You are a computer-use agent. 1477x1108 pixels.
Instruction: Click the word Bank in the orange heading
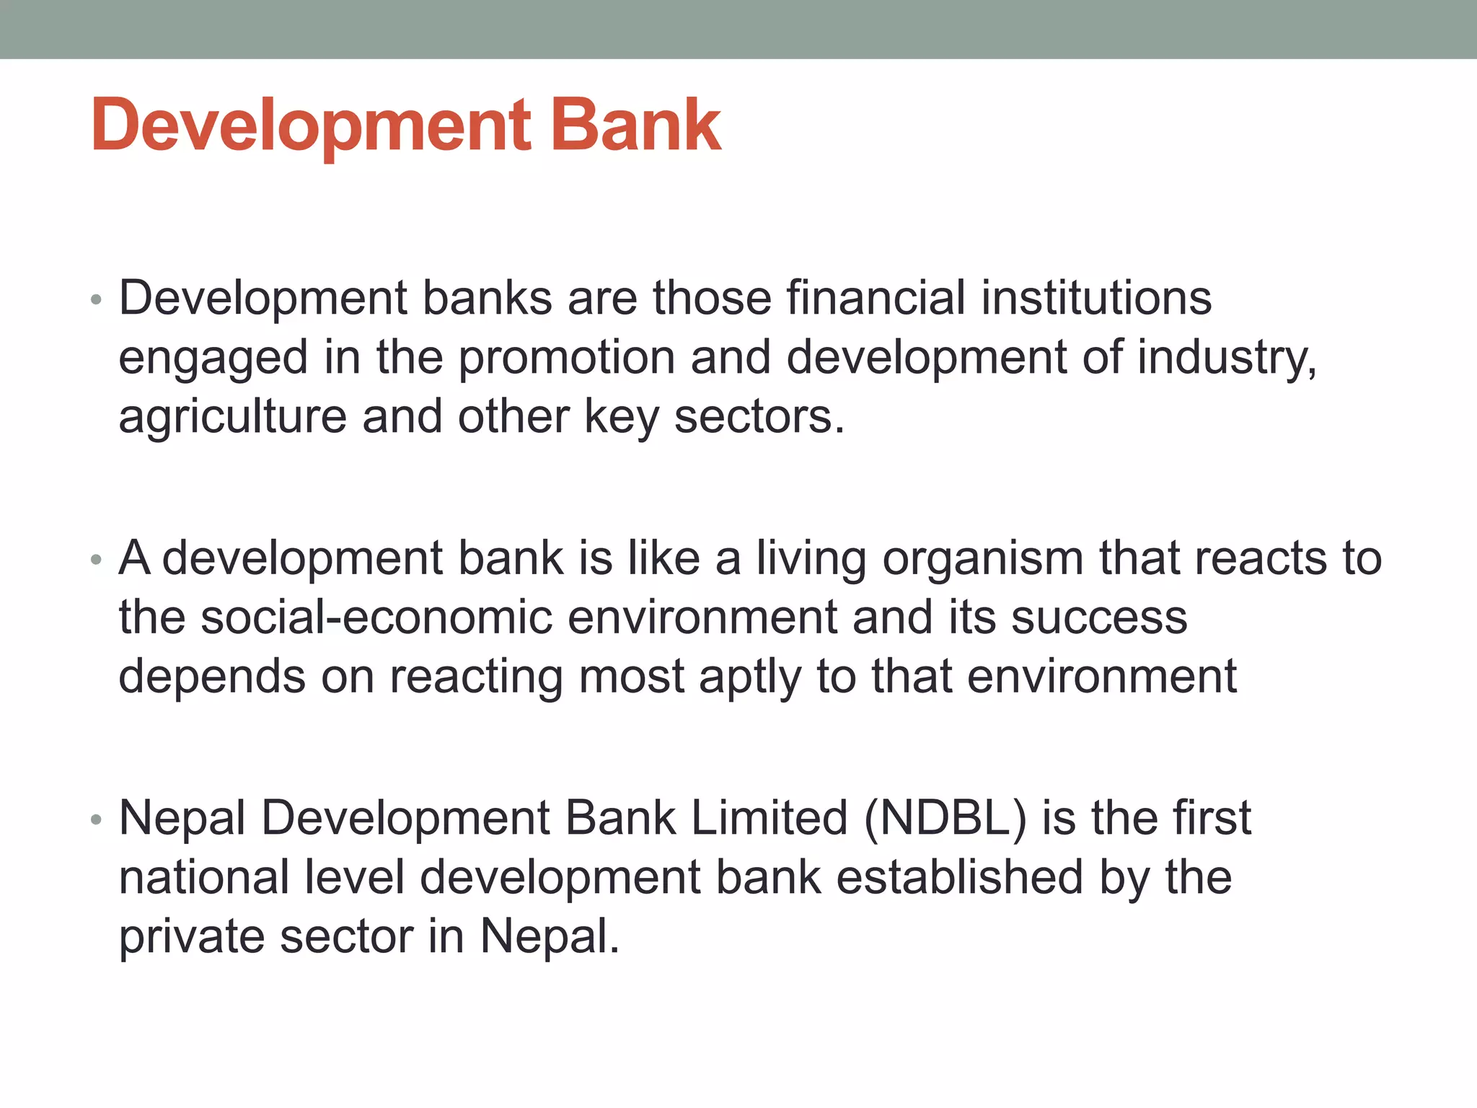coord(635,126)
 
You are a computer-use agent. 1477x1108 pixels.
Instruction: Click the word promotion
coord(567,358)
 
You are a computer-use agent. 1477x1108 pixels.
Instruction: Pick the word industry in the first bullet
coord(1226,359)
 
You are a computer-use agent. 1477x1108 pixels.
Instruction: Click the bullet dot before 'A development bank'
coord(97,560)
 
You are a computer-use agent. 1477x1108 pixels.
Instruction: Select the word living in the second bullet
coord(811,560)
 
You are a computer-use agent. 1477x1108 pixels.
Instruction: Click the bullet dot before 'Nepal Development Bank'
coord(97,819)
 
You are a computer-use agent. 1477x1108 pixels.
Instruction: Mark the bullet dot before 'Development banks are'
coord(97,299)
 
